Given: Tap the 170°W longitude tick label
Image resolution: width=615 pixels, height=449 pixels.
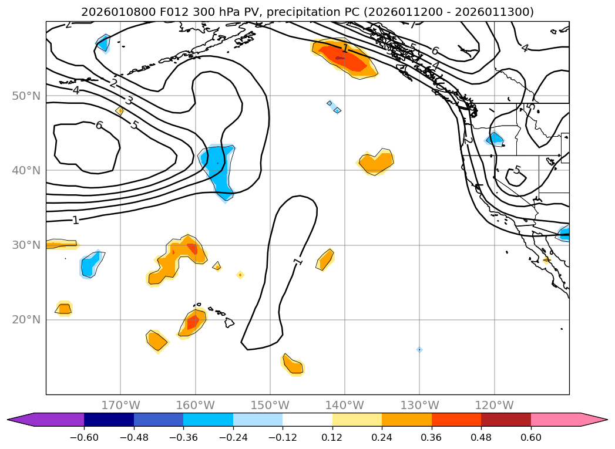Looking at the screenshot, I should (x=120, y=405).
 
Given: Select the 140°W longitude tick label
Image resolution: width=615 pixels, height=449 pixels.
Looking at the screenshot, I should (x=344, y=405).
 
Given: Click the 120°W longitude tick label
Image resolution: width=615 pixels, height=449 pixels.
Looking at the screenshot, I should (x=494, y=405).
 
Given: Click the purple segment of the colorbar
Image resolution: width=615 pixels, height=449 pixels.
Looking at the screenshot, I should (x=53, y=420).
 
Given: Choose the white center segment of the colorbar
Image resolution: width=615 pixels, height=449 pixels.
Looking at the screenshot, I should (x=307, y=420).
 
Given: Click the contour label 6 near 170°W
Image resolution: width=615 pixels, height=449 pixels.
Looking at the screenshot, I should (x=99, y=125).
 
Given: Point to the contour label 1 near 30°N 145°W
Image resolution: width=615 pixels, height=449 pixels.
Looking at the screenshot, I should (x=298, y=261).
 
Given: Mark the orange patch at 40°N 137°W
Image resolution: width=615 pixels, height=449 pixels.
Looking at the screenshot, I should (x=375, y=162).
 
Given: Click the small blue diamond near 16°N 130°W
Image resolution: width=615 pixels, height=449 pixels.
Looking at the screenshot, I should (x=419, y=350).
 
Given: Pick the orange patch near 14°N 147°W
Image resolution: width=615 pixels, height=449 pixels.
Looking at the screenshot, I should (x=293, y=365).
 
